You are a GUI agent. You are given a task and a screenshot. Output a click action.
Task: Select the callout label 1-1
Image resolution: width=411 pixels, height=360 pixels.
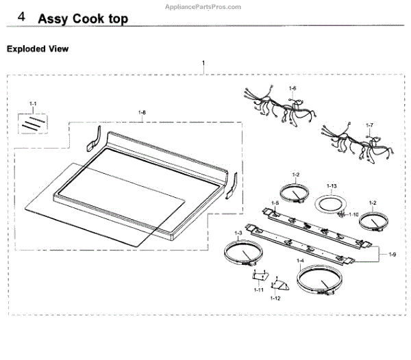click(32, 103)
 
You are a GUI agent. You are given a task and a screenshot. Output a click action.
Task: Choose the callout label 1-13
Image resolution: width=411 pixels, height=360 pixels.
click(332, 186)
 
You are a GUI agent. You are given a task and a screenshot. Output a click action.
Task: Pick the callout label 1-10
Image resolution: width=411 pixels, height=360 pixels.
click(353, 214)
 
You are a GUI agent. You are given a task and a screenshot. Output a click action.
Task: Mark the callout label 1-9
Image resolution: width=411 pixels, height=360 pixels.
click(392, 255)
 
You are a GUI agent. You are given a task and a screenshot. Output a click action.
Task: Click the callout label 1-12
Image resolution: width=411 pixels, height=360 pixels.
click(275, 298)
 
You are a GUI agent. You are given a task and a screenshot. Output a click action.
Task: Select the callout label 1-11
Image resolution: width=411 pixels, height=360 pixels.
click(258, 290)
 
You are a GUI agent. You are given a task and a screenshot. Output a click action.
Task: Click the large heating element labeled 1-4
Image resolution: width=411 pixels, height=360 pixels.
click(319, 280)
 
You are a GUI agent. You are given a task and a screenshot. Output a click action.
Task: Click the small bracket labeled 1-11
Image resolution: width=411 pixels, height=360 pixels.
click(258, 276)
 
